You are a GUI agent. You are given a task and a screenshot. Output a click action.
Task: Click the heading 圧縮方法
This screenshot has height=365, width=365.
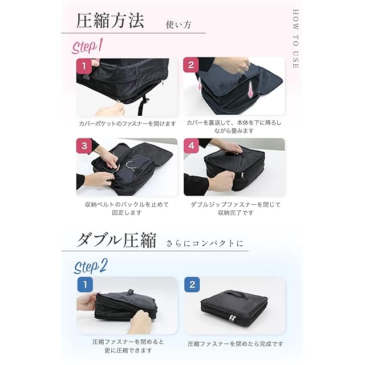[110, 21]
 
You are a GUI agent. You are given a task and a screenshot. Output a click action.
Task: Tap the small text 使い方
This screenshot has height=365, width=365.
[179, 25]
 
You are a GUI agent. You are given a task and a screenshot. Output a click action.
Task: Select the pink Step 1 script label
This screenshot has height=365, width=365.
[87, 46]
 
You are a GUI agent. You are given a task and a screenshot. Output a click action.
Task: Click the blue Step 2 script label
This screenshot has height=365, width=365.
[90, 266]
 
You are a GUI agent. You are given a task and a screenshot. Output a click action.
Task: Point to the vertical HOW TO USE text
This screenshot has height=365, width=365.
[295, 39]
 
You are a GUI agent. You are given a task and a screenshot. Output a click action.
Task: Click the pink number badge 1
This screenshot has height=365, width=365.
[84, 66]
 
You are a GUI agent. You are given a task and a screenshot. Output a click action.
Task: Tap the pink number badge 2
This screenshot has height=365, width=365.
[191, 65]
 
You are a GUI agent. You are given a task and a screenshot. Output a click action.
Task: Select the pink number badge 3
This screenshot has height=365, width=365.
[84, 146]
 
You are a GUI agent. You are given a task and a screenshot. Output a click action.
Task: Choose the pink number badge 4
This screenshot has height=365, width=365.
[192, 146]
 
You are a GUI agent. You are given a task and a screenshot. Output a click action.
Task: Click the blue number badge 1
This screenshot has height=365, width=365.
[85, 285]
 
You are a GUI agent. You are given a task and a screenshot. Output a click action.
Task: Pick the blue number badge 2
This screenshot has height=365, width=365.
[192, 285]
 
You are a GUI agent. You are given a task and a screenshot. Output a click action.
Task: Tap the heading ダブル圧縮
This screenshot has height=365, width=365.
[116, 240]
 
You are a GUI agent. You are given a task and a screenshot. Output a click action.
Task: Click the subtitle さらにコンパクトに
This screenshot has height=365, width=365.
[205, 244]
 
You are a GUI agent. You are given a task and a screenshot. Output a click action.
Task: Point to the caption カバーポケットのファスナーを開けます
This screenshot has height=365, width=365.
[127, 124]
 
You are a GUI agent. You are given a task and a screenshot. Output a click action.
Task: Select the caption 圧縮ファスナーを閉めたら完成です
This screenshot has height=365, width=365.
[236, 344]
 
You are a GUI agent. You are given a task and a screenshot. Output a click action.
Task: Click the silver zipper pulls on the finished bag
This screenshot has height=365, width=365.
[233, 318]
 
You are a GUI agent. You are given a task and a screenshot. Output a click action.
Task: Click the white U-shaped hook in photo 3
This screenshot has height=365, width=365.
[131, 166]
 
